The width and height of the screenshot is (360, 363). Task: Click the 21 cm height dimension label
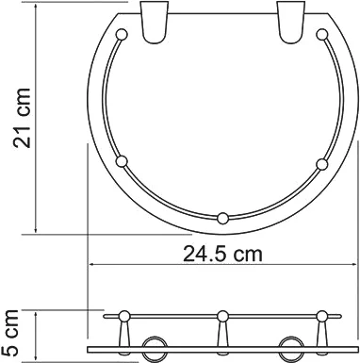point(22,118)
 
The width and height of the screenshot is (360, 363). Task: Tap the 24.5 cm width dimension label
point(222,254)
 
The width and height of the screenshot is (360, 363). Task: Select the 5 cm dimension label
point(9,333)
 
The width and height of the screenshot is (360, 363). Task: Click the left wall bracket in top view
point(155,22)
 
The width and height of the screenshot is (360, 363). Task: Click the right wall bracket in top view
point(291,22)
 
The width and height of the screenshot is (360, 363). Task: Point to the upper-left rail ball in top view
point(122,34)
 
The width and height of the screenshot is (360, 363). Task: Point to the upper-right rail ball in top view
point(321,34)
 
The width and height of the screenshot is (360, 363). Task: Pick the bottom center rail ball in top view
point(222,219)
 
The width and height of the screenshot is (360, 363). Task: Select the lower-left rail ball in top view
point(122,161)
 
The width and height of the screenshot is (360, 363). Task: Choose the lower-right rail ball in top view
point(322,164)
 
